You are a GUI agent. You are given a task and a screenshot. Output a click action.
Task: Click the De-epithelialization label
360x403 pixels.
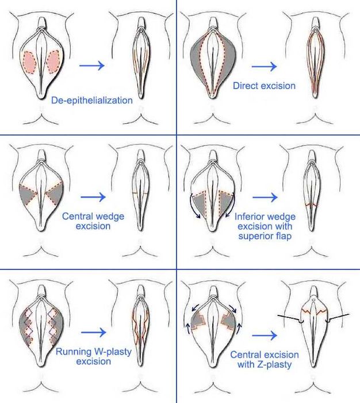pyautogui.click(x=92, y=100)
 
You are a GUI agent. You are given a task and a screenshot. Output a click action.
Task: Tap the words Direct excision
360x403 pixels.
pyautogui.click(x=264, y=86)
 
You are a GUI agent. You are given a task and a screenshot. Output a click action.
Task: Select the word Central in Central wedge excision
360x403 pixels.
pyautogui.click(x=76, y=216)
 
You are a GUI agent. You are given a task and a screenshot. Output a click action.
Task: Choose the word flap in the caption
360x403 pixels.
pyautogui.click(x=283, y=236)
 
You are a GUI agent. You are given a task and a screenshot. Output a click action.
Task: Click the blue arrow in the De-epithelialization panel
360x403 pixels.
pyautogui.click(x=92, y=66)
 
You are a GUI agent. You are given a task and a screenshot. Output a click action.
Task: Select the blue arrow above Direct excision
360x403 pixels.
pyautogui.click(x=264, y=67)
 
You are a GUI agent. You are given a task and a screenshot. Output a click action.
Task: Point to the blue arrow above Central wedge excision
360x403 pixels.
pyautogui.click(x=93, y=197)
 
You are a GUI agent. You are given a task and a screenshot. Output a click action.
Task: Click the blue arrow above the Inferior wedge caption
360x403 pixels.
pyautogui.click(x=265, y=197)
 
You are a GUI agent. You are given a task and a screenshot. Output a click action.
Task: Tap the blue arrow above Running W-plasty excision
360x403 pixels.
pyautogui.click(x=94, y=332)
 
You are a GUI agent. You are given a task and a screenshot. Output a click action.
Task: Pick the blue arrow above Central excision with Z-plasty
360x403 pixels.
pyautogui.click(x=265, y=336)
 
